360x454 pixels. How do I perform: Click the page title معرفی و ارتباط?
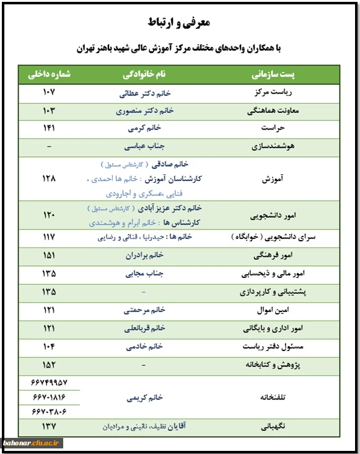(x=180, y=23)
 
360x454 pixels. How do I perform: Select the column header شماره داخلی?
(x=49, y=74)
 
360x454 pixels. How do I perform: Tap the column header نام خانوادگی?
(x=143, y=74)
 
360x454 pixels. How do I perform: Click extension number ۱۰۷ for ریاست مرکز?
(x=49, y=93)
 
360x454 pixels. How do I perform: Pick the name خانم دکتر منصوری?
(x=144, y=111)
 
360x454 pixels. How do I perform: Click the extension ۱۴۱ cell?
(x=49, y=129)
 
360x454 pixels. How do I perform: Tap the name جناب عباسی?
(x=144, y=147)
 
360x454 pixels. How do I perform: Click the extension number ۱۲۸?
(x=49, y=178)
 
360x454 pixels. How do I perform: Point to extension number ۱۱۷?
(x=49, y=237)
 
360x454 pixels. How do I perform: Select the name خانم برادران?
(x=144, y=255)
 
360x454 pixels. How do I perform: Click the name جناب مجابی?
(x=144, y=273)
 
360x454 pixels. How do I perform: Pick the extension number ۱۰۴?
(x=49, y=345)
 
